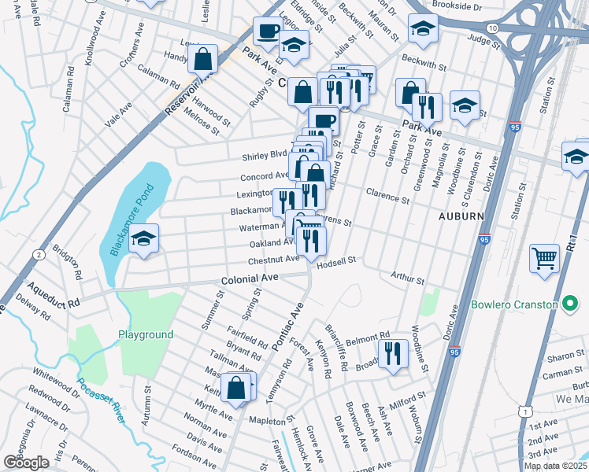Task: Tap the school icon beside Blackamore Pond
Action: (143, 238)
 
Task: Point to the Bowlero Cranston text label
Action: (527, 304)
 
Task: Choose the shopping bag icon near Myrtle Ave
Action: (236, 386)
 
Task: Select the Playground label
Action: (146, 334)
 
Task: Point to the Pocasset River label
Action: (100, 400)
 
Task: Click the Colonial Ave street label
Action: (250, 278)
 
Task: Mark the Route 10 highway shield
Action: (491, 28)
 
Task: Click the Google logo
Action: (26, 463)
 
